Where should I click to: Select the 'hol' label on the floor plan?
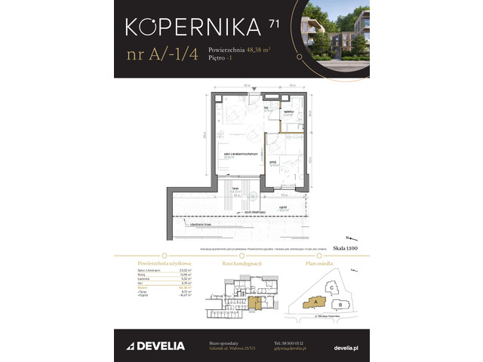click(266, 107)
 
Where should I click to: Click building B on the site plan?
click(341, 305)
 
